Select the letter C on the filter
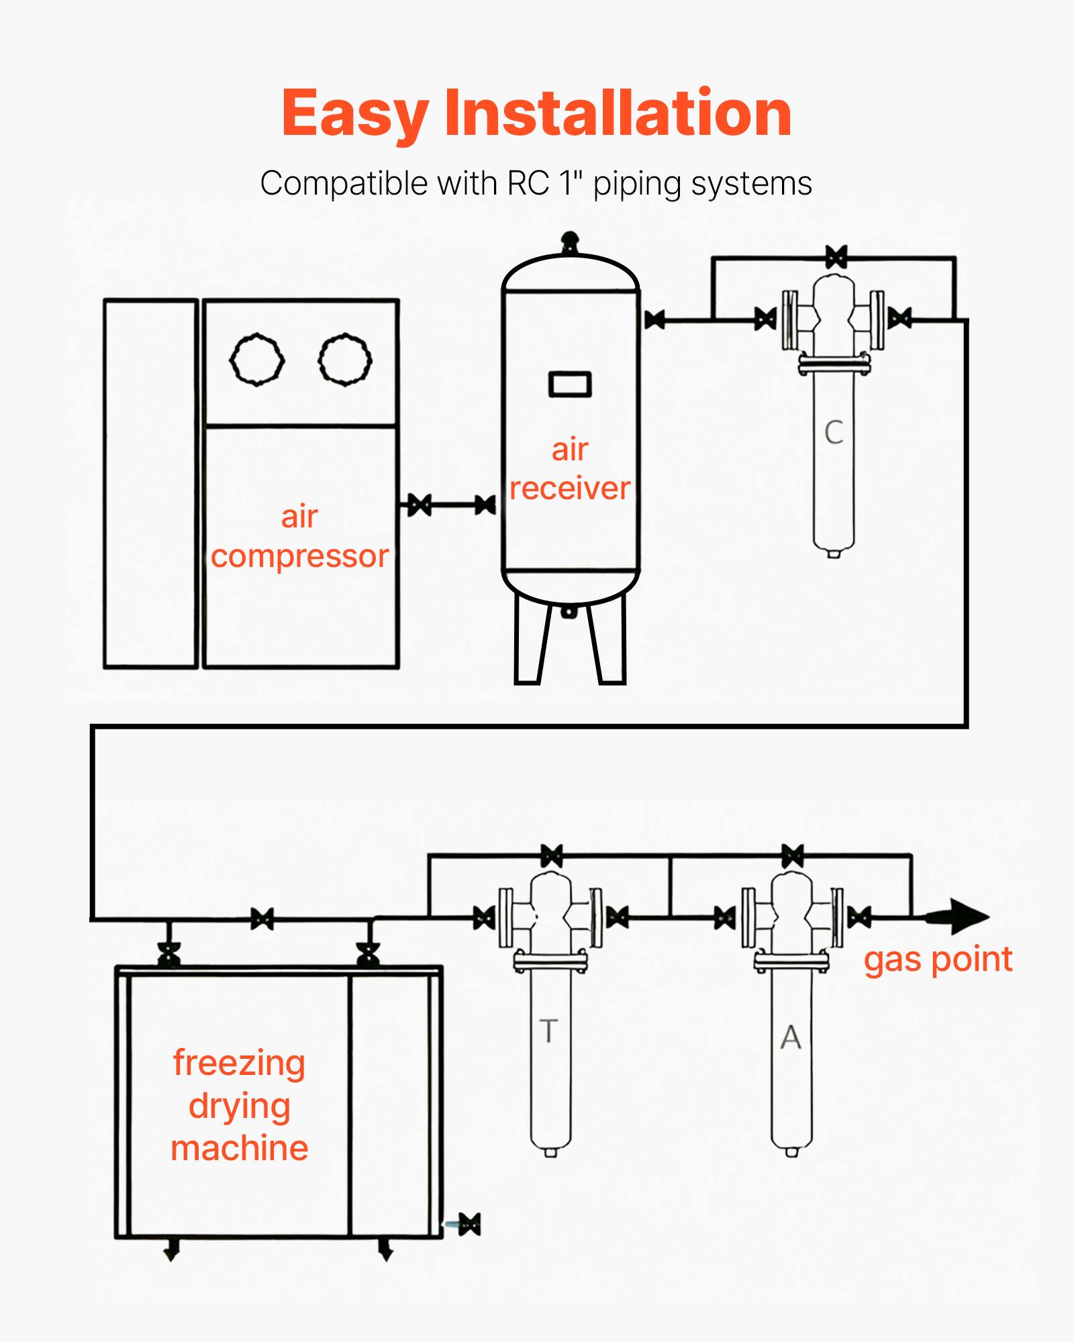click(834, 433)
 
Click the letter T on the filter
click(548, 1031)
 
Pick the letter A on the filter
click(791, 1038)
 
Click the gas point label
click(938, 960)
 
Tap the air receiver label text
click(570, 469)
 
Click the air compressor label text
click(299, 537)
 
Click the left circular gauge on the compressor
click(256, 360)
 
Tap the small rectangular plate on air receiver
click(570, 384)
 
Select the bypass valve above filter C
click(836, 257)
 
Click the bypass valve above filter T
click(552, 856)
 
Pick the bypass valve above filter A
click(793, 856)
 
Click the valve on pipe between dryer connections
click(262, 919)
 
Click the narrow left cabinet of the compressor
click(150, 483)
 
